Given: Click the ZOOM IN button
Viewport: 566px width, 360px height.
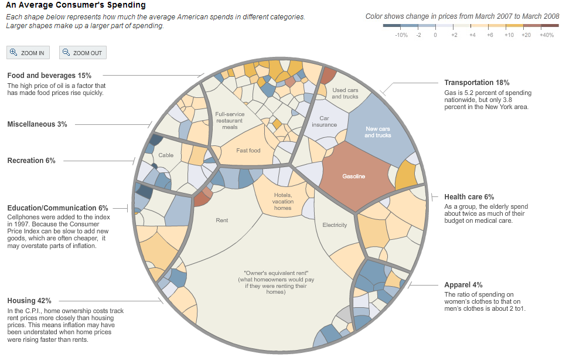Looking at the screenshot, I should (28, 53).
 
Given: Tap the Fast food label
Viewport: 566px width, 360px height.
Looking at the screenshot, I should (248, 151).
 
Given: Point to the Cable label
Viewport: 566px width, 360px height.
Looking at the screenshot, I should (166, 155).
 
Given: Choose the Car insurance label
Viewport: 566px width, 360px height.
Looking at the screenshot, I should (324, 121).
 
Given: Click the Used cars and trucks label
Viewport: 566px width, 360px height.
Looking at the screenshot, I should (345, 93).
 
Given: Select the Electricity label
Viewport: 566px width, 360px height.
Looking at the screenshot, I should (335, 225).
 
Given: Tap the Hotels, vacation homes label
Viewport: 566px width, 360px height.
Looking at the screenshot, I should (282, 201).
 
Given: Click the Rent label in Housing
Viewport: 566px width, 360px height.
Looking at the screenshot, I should (222, 220).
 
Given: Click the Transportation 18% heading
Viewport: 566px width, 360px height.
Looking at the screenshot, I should (477, 83).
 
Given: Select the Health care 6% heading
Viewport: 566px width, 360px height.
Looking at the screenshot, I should (469, 197).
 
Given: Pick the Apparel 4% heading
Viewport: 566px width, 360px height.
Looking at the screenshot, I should (463, 285).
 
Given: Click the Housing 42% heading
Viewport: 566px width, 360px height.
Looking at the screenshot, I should (29, 301).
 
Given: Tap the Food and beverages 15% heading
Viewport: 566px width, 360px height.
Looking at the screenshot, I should (49, 76).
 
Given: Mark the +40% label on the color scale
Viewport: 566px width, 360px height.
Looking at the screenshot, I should (546, 35).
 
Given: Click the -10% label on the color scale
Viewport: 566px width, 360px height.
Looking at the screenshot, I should (401, 35).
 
